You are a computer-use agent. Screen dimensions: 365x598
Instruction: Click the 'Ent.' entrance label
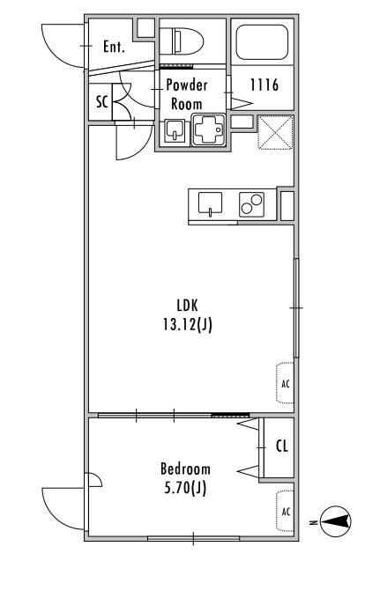click(114, 47)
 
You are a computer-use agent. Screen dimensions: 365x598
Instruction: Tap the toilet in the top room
click(181, 41)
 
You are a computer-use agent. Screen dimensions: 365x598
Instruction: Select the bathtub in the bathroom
click(262, 42)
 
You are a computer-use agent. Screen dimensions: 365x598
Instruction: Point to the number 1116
click(264, 85)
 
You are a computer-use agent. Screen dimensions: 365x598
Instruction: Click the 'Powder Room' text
click(187, 94)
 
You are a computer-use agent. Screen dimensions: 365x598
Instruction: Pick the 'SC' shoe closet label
click(102, 102)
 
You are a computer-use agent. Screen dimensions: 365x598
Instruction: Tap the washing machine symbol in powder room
click(208, 129)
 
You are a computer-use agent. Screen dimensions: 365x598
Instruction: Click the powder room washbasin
click(175, 131)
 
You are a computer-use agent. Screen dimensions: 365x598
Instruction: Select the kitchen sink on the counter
click(210, 204)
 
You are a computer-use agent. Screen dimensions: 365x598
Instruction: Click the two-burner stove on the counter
click(251, 204)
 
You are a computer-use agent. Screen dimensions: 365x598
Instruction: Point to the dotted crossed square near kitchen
click(275, 132)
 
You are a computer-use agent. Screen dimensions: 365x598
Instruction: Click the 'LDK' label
click(188, 305)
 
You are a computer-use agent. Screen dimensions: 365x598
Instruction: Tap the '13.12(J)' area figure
click(188, 325)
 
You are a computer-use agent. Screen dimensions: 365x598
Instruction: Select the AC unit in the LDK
click(285, 382)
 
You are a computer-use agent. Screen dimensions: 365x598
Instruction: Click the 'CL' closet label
click(282, 446)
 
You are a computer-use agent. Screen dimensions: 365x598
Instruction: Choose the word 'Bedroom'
click(185, 469)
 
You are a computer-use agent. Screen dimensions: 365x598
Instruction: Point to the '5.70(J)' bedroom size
click(185, 488)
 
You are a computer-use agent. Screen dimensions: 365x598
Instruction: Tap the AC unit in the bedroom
click(285, 511)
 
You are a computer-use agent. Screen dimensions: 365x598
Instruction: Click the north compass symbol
click(335, 521)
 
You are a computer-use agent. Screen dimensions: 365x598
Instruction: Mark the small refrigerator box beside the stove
click(287, 206)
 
